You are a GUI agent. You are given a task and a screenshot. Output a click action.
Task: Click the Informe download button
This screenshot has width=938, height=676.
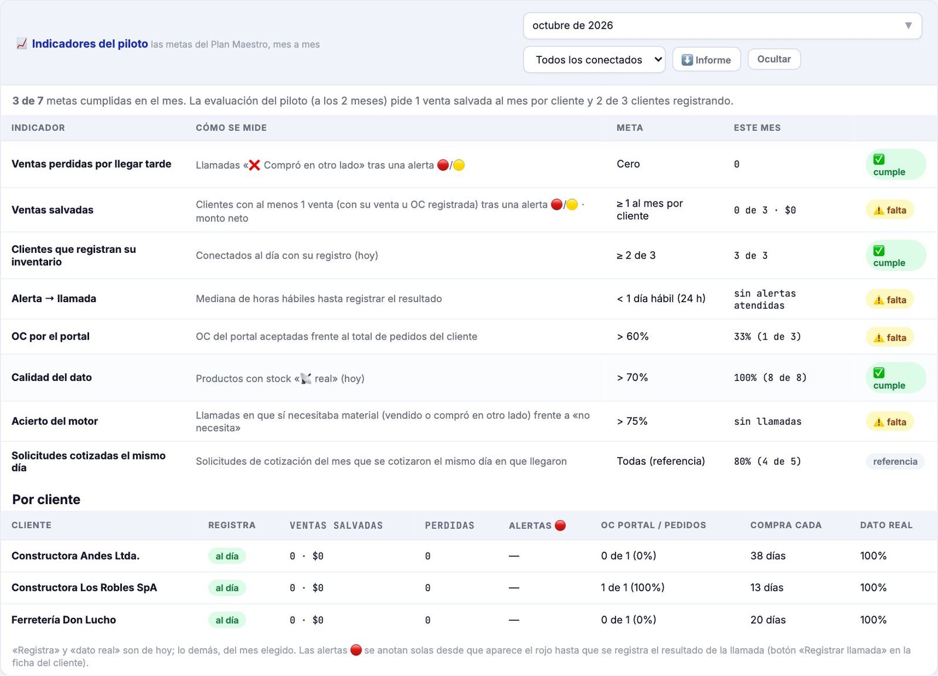pyautogui.click(x=706, y=59)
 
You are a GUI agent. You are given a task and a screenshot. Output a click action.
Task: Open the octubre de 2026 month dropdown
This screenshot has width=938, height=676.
pyautogui.click(x=722, y=26)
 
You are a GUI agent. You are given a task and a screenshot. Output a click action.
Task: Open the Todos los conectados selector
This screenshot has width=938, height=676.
pyautogui.click(x=594, y=59)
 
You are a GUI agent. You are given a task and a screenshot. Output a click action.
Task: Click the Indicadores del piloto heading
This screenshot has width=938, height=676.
pyautogui.click(x=90, y=43)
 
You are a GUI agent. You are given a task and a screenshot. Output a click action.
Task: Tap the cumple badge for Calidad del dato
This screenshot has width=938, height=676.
pyautogui.click(x=895, y=378)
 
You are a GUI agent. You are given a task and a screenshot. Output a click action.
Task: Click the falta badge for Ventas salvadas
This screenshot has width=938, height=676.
pyautogui.click(x=890, y=210)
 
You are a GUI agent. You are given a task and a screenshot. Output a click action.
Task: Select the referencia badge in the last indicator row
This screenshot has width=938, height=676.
pyautogui.click(x=895, y=461)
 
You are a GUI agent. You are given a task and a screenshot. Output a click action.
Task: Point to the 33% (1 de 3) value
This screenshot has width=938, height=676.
pyautogui.click(x=767, y=337)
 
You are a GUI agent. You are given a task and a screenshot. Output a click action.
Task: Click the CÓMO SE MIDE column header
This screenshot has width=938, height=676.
pyautogui.click(x=231, y=128)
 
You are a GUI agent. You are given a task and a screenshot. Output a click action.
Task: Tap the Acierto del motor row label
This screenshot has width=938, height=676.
pyautogui.click(x=55, y=421)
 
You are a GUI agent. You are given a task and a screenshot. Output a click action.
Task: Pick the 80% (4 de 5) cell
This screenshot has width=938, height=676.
pyautogui.click(x=767, y=461)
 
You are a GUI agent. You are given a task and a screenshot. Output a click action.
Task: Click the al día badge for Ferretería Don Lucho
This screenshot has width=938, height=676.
pyautogui.click(x=227, y=620)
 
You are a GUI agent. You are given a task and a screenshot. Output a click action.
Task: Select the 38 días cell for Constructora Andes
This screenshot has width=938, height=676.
pyautogui.click(x=768, y=556)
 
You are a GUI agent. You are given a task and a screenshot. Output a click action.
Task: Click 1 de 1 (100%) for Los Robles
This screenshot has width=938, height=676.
pyautogui.click(x=633, y=587)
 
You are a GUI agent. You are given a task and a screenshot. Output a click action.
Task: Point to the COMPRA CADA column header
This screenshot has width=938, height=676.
pyautogui.click(x=786, y=525)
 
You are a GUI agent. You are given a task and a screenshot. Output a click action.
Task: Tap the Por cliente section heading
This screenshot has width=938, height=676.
pyautogui.click(x=46, y=499)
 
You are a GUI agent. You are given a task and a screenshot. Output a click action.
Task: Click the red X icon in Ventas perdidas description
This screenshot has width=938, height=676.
pyautogui.click(x=254, y=165)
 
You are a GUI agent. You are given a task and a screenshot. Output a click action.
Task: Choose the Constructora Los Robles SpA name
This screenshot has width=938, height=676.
pyautogui.click(x=84, y=587)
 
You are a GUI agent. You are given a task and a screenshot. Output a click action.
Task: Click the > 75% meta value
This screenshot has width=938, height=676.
pyautogui.click(x=632, y=421)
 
